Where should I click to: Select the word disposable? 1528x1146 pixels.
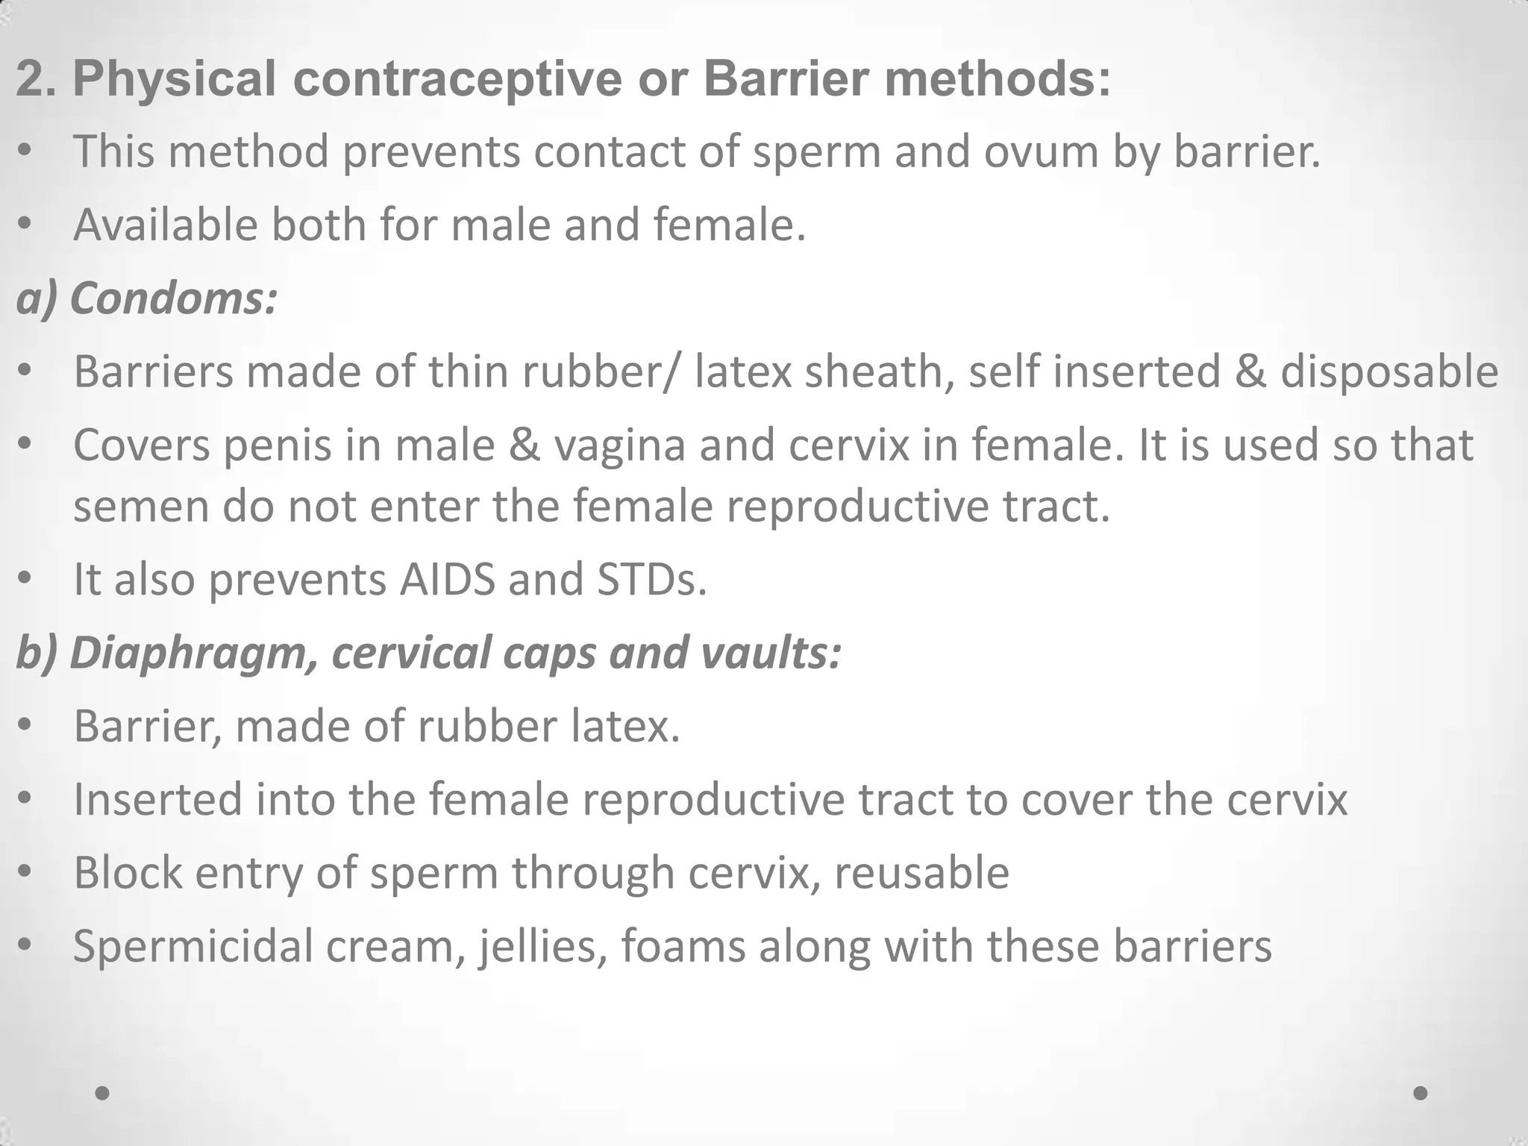coord(1389,372)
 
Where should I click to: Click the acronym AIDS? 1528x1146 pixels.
coord(447,579)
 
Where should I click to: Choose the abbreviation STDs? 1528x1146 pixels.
coord(651,579)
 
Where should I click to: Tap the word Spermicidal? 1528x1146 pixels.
coord(193,946)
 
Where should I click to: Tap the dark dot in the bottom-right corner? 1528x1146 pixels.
coord(1421,1093)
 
